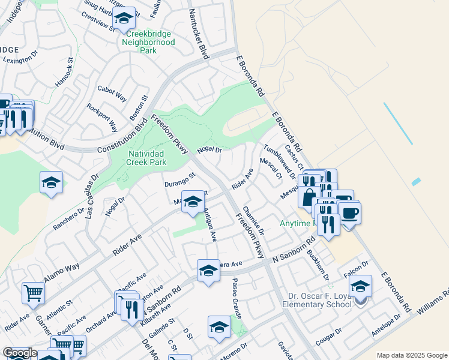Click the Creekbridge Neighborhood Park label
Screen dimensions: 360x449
[x=148, y=43]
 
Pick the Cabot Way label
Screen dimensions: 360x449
[x=112, y=94]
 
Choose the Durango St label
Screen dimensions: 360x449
[x=181, y=179]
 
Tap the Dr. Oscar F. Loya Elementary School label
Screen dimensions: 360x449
[x=318, y=299]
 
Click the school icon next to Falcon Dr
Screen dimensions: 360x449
[x=361, y=286]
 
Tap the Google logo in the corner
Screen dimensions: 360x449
[x=20, y=353]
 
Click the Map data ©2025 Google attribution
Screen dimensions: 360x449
[x=411, y=355]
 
